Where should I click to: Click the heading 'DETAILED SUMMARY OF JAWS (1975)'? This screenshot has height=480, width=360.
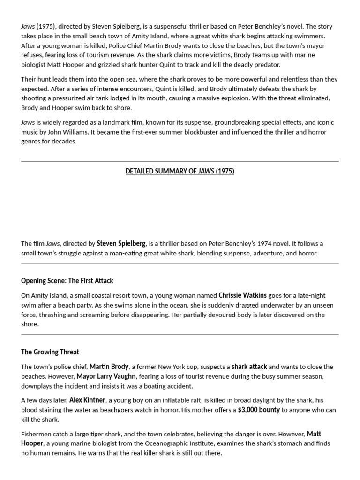180,171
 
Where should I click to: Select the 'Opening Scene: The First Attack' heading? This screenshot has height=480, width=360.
67,281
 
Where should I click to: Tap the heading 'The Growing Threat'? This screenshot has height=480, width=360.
50,352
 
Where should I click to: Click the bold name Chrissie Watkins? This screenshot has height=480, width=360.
242,295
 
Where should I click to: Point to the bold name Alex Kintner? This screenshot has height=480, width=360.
88,400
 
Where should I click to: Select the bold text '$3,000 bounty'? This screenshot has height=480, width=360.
259,410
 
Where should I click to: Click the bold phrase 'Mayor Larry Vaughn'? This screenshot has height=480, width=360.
106,376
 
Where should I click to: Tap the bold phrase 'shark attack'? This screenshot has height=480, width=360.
249,367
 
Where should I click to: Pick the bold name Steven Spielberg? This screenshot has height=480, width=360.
121,244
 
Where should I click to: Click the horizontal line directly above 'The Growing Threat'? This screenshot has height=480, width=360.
180,335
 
